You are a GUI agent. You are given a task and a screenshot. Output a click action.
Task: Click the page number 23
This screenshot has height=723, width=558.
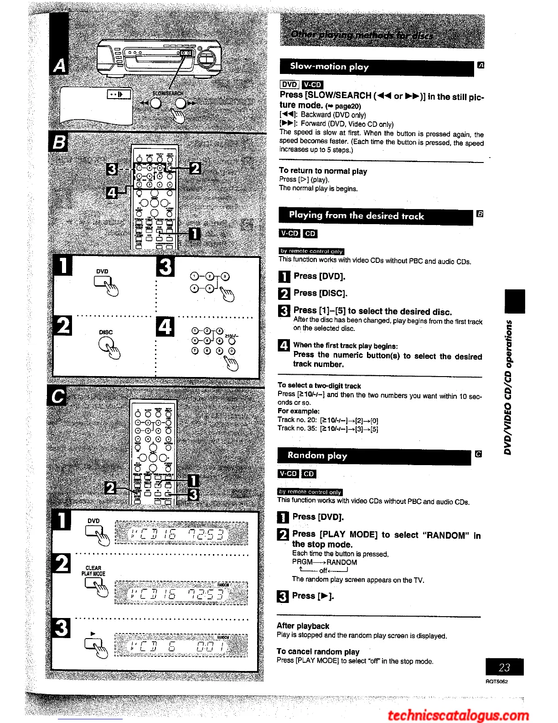[x=504, y=667]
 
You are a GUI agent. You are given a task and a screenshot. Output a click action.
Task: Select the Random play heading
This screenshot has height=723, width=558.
[x=317, y=456]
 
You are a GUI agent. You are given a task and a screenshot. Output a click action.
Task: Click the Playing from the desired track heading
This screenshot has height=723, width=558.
[x=356, y=216]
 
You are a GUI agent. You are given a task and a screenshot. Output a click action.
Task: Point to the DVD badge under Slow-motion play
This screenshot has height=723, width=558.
[x=289, y=84]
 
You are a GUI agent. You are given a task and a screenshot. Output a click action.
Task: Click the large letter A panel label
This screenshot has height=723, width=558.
[x=59, y=66]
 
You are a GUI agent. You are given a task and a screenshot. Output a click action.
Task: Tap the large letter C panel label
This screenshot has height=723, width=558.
[x=58, y=396]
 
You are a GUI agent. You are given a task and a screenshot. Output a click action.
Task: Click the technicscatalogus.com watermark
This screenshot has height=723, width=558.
[x=458, y=715]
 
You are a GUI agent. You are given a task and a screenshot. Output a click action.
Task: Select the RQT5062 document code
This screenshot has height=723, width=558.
[x=496, y=681]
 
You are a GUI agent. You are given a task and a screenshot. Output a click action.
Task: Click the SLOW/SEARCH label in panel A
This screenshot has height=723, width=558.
[x=167, y=94]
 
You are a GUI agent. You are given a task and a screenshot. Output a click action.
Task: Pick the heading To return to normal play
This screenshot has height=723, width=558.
[x=323, y=171]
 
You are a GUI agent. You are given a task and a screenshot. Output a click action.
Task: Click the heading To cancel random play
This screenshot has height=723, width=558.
[x=318, y=651]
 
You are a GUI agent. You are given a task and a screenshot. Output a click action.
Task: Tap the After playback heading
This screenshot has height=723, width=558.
[x=303, y=626]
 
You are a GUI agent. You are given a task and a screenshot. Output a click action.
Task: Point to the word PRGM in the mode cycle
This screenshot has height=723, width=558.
[x=302, y=562]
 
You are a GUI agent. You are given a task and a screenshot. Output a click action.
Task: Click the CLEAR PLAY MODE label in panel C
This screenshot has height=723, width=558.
[x=93, y=571]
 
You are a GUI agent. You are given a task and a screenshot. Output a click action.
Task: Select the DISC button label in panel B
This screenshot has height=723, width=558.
[x=106, y=332]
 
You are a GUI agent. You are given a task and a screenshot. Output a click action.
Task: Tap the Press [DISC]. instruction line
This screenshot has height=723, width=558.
[x=320, y=293]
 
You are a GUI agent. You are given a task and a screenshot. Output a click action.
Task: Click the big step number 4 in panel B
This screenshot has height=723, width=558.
[x=165, y=327]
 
